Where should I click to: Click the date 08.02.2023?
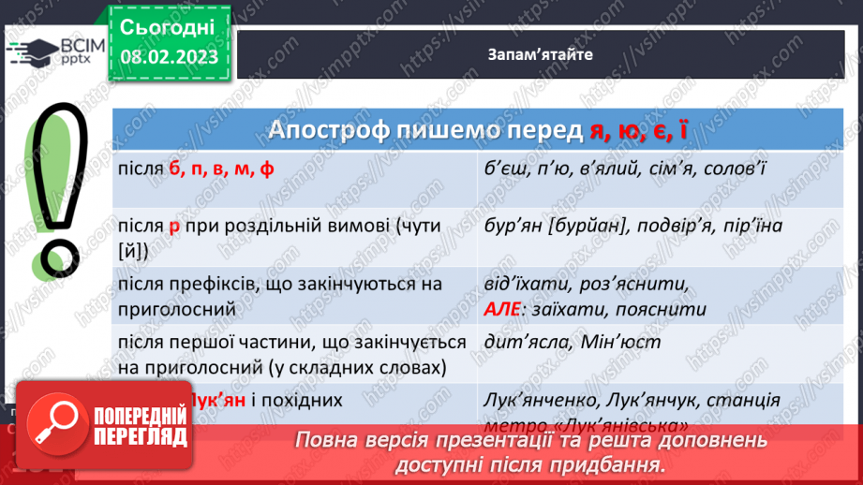coord(168,56)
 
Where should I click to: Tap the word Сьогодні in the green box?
coord(168,25)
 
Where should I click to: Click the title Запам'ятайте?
coord(540,54)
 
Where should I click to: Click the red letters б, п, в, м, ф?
coord(226,169)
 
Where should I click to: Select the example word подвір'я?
coord(681,227)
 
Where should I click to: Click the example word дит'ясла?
coord(527,342)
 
